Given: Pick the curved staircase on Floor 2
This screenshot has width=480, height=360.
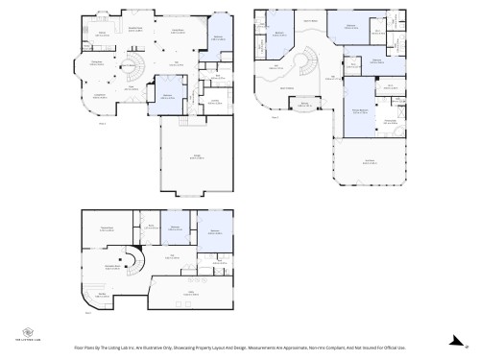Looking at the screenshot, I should click(x=304, y=67).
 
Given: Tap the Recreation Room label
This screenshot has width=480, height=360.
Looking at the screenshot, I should click(x=111, y=266).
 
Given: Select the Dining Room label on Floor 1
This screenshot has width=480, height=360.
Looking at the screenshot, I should click(x=178, y=31).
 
